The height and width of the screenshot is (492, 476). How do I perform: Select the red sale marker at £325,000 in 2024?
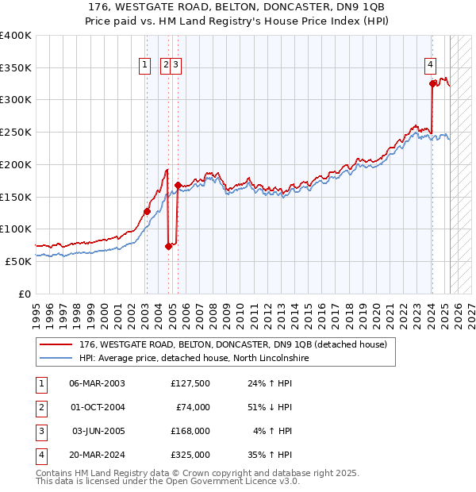click(x=432, y=83)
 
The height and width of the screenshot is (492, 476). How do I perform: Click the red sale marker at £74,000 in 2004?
click(x=168, y=246)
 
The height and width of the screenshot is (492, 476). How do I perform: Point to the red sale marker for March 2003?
click(x=147, y=211)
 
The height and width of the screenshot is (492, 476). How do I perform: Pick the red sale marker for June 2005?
click(x=178, y=185)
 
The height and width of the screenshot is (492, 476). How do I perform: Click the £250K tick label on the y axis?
click(x=16, y=132)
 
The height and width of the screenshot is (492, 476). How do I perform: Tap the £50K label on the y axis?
click(x=19, y=261)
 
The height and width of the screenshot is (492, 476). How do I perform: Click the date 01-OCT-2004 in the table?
click(x=98, y=407)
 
